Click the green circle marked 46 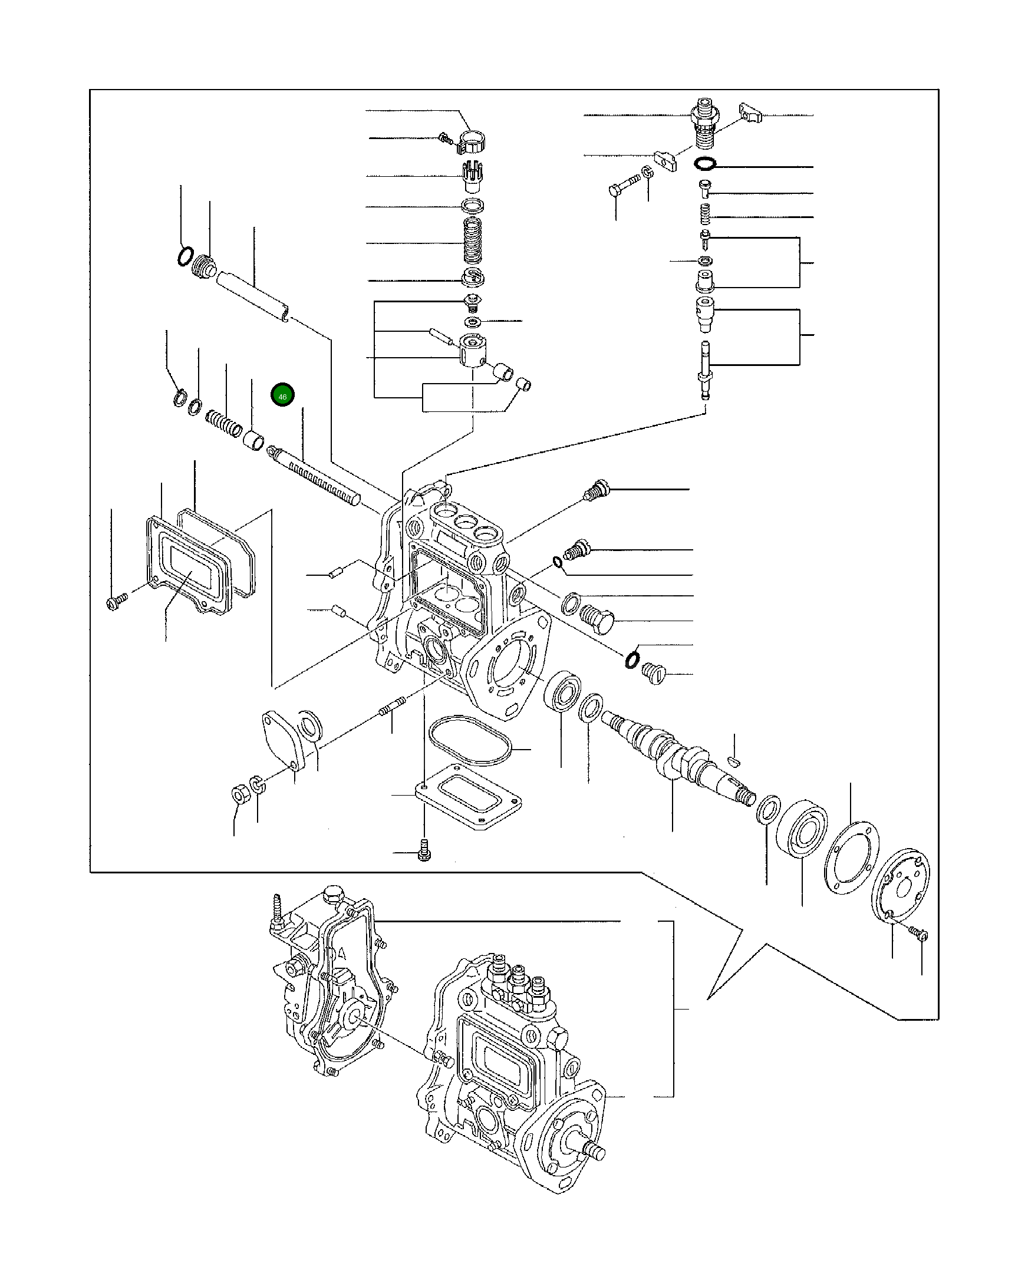coord(282,395)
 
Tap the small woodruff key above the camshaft coord(735,760)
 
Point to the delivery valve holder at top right coord(705,124)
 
